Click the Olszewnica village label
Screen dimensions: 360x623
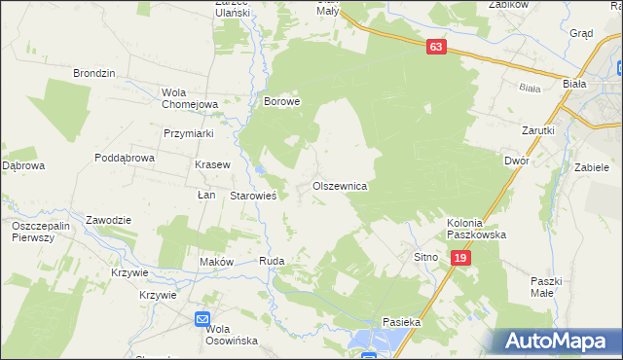(339, 185)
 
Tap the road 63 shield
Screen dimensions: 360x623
(435, 47)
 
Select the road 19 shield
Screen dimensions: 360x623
(461, 257)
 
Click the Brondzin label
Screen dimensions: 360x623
(95, 73)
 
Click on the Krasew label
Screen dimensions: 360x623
(212, 164)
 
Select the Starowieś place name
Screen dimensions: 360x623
(254, 196)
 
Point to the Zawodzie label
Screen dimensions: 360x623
(108, 220)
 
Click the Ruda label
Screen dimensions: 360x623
(271, 262)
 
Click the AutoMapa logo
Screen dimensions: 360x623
(556, 341)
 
